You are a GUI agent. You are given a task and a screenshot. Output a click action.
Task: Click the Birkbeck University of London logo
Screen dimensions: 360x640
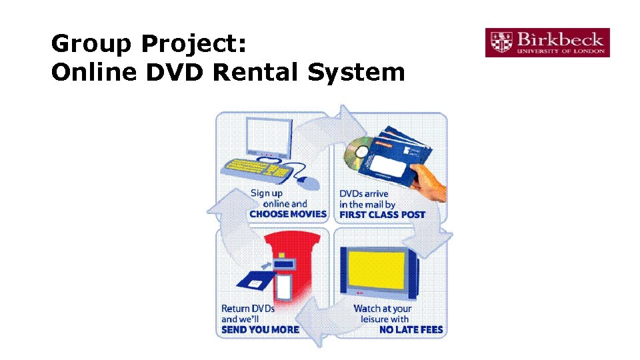coord(547,43)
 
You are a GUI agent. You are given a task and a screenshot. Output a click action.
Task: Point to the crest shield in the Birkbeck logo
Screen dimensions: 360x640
coord(499,43)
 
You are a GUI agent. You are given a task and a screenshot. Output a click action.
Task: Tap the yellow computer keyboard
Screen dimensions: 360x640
coord(259,169)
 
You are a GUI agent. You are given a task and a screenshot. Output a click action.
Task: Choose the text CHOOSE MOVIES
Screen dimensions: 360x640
coord(288,215)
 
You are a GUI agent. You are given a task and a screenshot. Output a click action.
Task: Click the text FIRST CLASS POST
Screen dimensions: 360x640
coord(382,215)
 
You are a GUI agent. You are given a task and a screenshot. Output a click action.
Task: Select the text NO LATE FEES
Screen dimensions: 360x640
coord(411,329)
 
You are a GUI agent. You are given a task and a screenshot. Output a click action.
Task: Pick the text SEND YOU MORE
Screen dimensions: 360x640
coord(260,329)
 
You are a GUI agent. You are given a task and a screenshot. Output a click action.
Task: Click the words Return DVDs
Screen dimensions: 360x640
coord(248,309)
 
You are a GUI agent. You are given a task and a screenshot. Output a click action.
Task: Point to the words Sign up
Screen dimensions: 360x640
coord(267,193)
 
